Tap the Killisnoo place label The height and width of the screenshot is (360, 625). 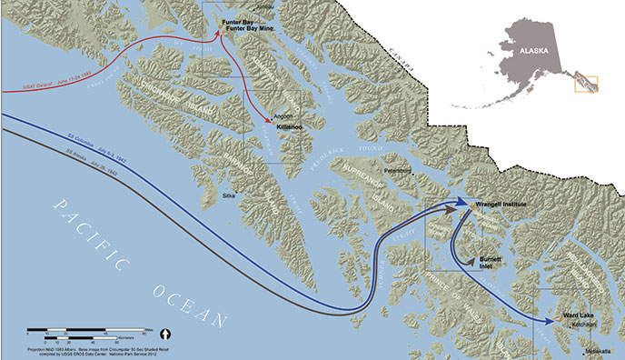[x=289, y=128]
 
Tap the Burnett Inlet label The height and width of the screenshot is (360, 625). [x=496, y=263]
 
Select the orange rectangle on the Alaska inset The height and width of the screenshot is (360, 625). [x=586, y=83]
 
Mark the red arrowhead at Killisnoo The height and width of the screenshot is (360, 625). [x=268, y=121]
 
